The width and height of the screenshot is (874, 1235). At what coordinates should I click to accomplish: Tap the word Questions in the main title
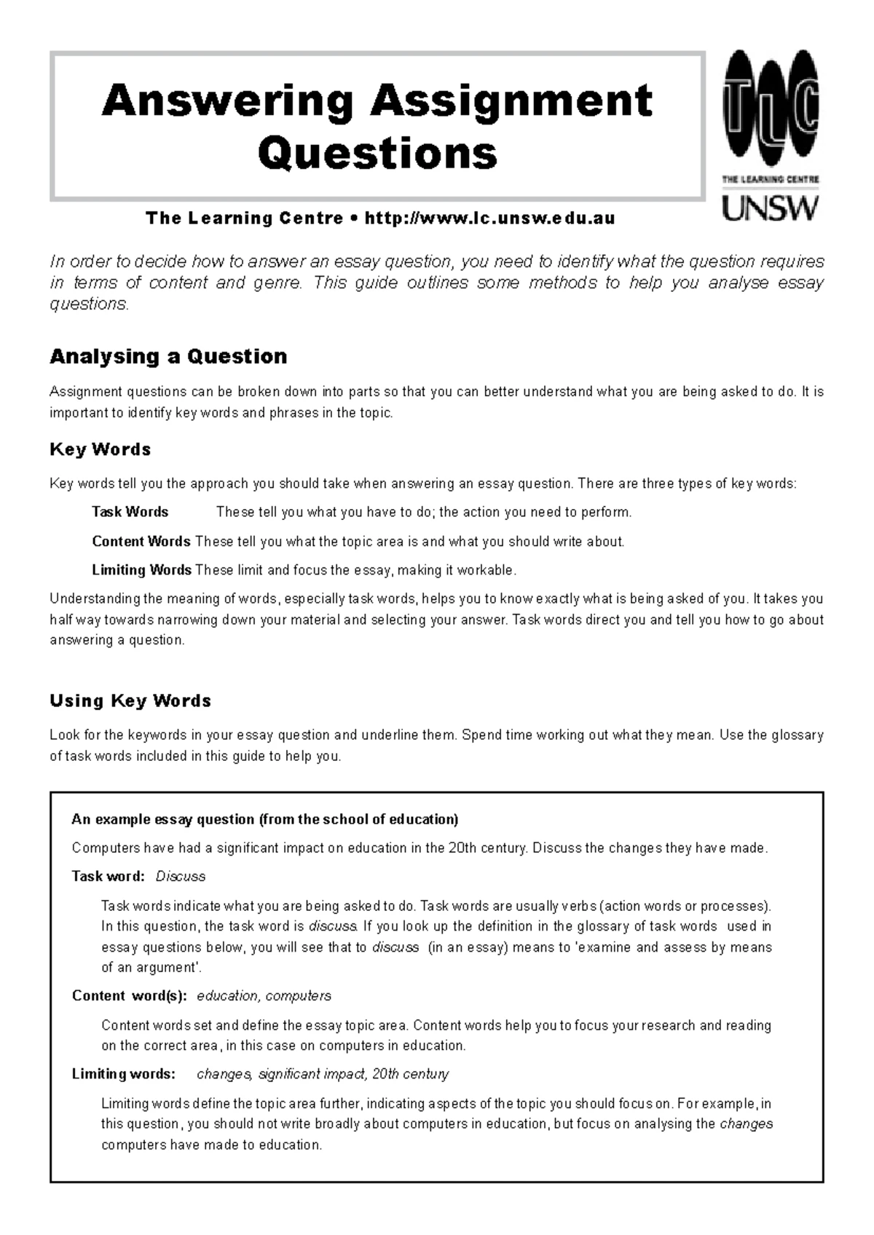pyautogui.click(x=377, y=153)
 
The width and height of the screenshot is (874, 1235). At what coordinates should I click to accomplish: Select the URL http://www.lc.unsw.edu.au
pyautogui.click(x=489, y=218)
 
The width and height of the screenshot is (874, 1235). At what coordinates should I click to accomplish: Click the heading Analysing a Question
pyautogui.click(x=168, y=357)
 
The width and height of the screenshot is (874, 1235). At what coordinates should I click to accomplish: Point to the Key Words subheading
pyautogui.click(x=101, y=449)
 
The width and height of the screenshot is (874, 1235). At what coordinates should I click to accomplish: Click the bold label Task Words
pyautogui.click(x=130, y=512)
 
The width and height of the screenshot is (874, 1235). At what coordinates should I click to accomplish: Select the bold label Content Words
pyautogui.click(x=141, y=542)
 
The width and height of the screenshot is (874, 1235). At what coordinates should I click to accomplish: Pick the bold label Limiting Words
pyautogui.click(x=141, y=569)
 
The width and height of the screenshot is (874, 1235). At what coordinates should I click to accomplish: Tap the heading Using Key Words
pyautogui.click(x=130, y=701)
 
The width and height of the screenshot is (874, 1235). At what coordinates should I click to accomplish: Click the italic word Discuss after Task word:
pyautogui.click(x=181, y=876)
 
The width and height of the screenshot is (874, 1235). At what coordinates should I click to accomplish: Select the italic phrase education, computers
pyautogui.click(x=264, y=995)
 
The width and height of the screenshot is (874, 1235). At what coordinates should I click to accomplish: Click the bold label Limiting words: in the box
pyautogui.click(x=124, y=1074)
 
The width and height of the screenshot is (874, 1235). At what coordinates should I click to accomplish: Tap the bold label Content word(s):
pyautogui.click(x=130, y=995)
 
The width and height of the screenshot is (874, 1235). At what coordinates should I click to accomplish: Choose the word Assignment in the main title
pyautogui.click(x=511, y=100)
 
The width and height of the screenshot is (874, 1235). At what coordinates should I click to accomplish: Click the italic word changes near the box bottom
pyautogui.click(x=746, y=1124)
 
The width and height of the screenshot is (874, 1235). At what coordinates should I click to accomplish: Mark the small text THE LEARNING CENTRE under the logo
pyautogui.click(x=770, y=178)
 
